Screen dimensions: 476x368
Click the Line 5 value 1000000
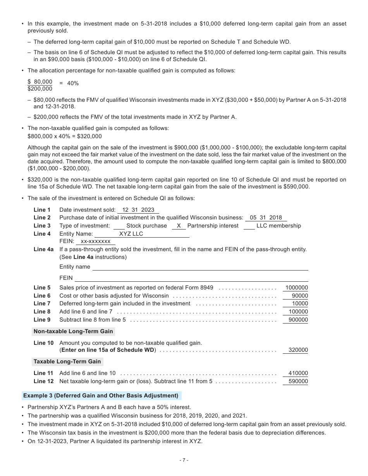click(x=296, y=288)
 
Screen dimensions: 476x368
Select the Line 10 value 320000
click(x=298, y=350)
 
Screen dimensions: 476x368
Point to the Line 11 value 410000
click(x=298, y=373)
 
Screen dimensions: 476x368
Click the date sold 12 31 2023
click(x=138, y=210)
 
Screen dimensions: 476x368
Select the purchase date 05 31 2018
click(x=266, y=217)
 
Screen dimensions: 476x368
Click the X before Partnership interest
click(x=179, y=226)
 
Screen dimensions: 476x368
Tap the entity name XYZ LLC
click(x=131, y=234)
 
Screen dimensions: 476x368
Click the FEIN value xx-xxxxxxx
click(x=95, y=241)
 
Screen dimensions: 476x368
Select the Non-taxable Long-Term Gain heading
click(x=73, y=331)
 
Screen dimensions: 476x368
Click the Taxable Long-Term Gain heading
click(x=67, y=361)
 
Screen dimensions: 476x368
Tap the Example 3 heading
click(x=101, y=396)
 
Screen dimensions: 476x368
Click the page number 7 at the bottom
click(x=184, y=460)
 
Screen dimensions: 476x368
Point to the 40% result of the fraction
click(x=73, y=83)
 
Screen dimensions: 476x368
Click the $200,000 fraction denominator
click(x=40, y=89)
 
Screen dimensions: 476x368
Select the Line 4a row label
click(x=43, y=249)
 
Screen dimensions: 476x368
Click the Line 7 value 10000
click(x=300, y=303)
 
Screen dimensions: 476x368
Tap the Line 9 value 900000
click(x=298, y=320)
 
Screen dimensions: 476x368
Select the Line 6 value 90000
click(x=300, y=296)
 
